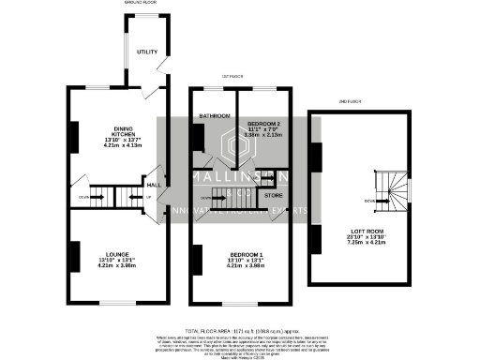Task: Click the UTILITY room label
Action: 145,52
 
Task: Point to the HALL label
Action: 153,186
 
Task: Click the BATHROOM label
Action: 213,115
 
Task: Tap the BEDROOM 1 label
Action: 244,253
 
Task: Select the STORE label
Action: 273,195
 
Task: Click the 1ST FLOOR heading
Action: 232,76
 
